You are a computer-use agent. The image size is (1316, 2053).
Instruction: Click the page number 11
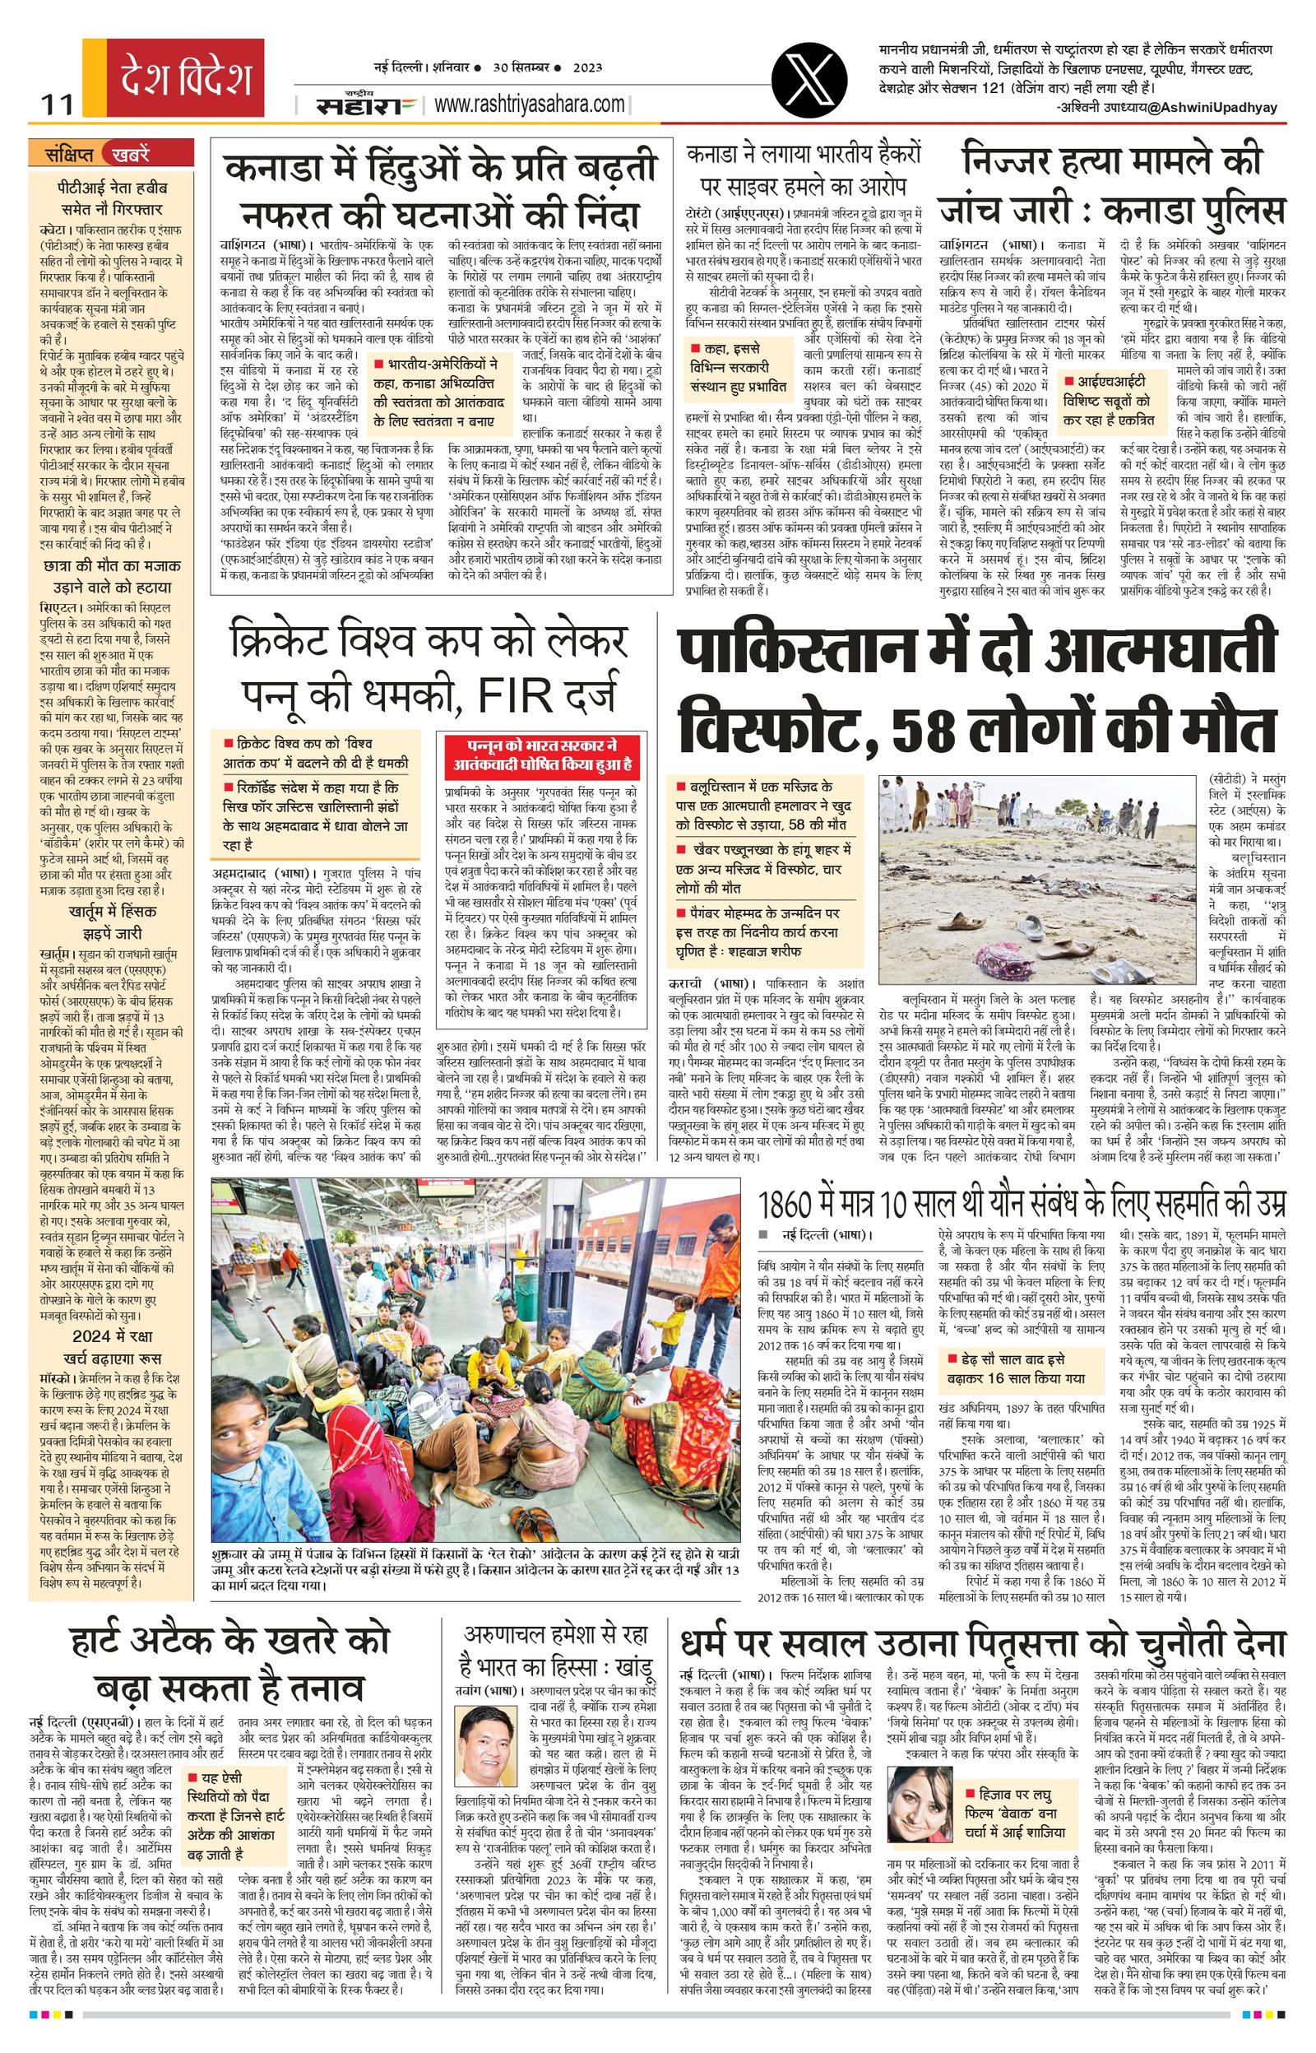pos(58,105)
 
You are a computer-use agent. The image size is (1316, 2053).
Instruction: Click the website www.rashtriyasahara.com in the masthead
pos(529,105)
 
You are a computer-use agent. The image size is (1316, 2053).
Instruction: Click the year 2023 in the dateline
pos(587,67)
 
